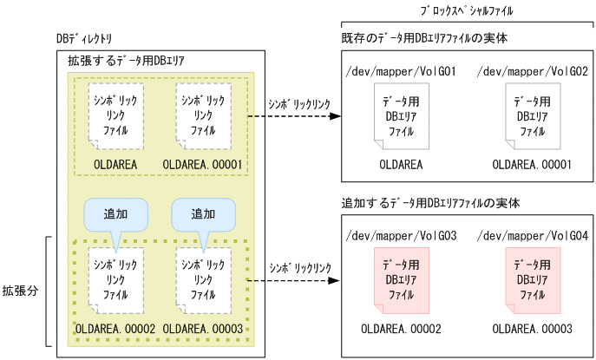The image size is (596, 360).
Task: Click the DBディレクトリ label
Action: pyautogui.click(x=82, y=41)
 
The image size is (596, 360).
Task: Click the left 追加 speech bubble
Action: pyautogui.click(x=115, y=214)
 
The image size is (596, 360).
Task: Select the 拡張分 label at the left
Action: pyautogui.click(x=19, y=289)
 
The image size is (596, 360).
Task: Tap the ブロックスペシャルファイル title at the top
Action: pyautogui.click(x=465, y=10)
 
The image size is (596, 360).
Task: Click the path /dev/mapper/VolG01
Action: pyautogui.click(x=400, y=70)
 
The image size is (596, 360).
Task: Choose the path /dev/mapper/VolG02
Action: pyautogui.click(x=533, y=70)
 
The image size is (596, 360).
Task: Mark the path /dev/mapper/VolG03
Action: pyautogui.click(x=400, y=235)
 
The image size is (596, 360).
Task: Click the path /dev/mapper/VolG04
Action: pyautogui.click(x=533, y=235)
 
